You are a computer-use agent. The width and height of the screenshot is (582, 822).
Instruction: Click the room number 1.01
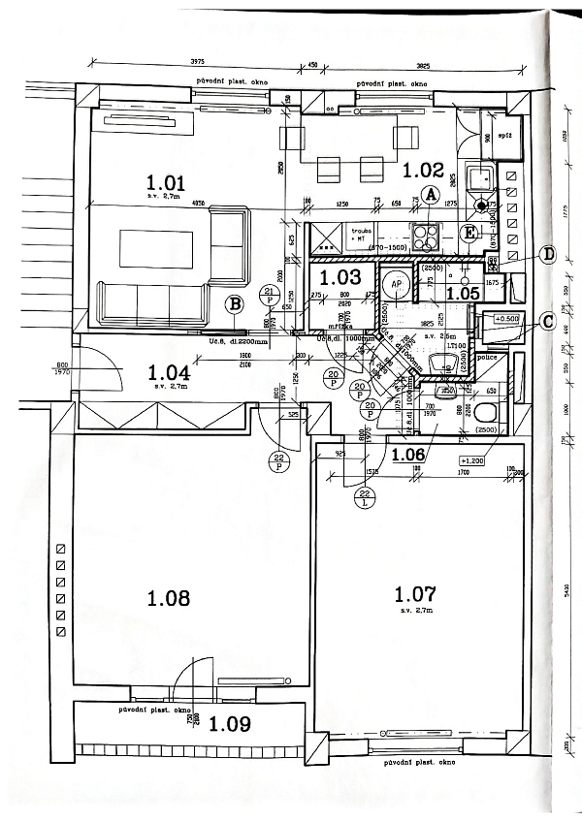[x=165, y=181]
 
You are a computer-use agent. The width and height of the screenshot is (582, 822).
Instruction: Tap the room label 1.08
[x=168, y=598]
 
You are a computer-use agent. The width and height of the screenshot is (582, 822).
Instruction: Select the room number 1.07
[x=415, y=592]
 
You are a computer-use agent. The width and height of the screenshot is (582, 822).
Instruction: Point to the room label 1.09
[x=229, y=722]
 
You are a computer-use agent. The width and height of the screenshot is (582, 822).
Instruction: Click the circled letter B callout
[x=234, y=304]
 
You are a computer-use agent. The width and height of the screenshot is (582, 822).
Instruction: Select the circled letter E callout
[x=469, y=233]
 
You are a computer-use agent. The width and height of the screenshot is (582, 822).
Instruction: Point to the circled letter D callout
[x=547, y=254]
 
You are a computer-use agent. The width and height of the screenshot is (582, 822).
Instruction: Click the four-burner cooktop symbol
[x=425, y=237]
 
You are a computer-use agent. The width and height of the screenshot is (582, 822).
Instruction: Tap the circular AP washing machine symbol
[x=395, y=285]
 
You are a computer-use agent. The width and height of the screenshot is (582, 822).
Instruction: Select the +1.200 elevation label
[x=471, y=461]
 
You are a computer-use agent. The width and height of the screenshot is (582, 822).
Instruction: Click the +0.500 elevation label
[x=507, y=318]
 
